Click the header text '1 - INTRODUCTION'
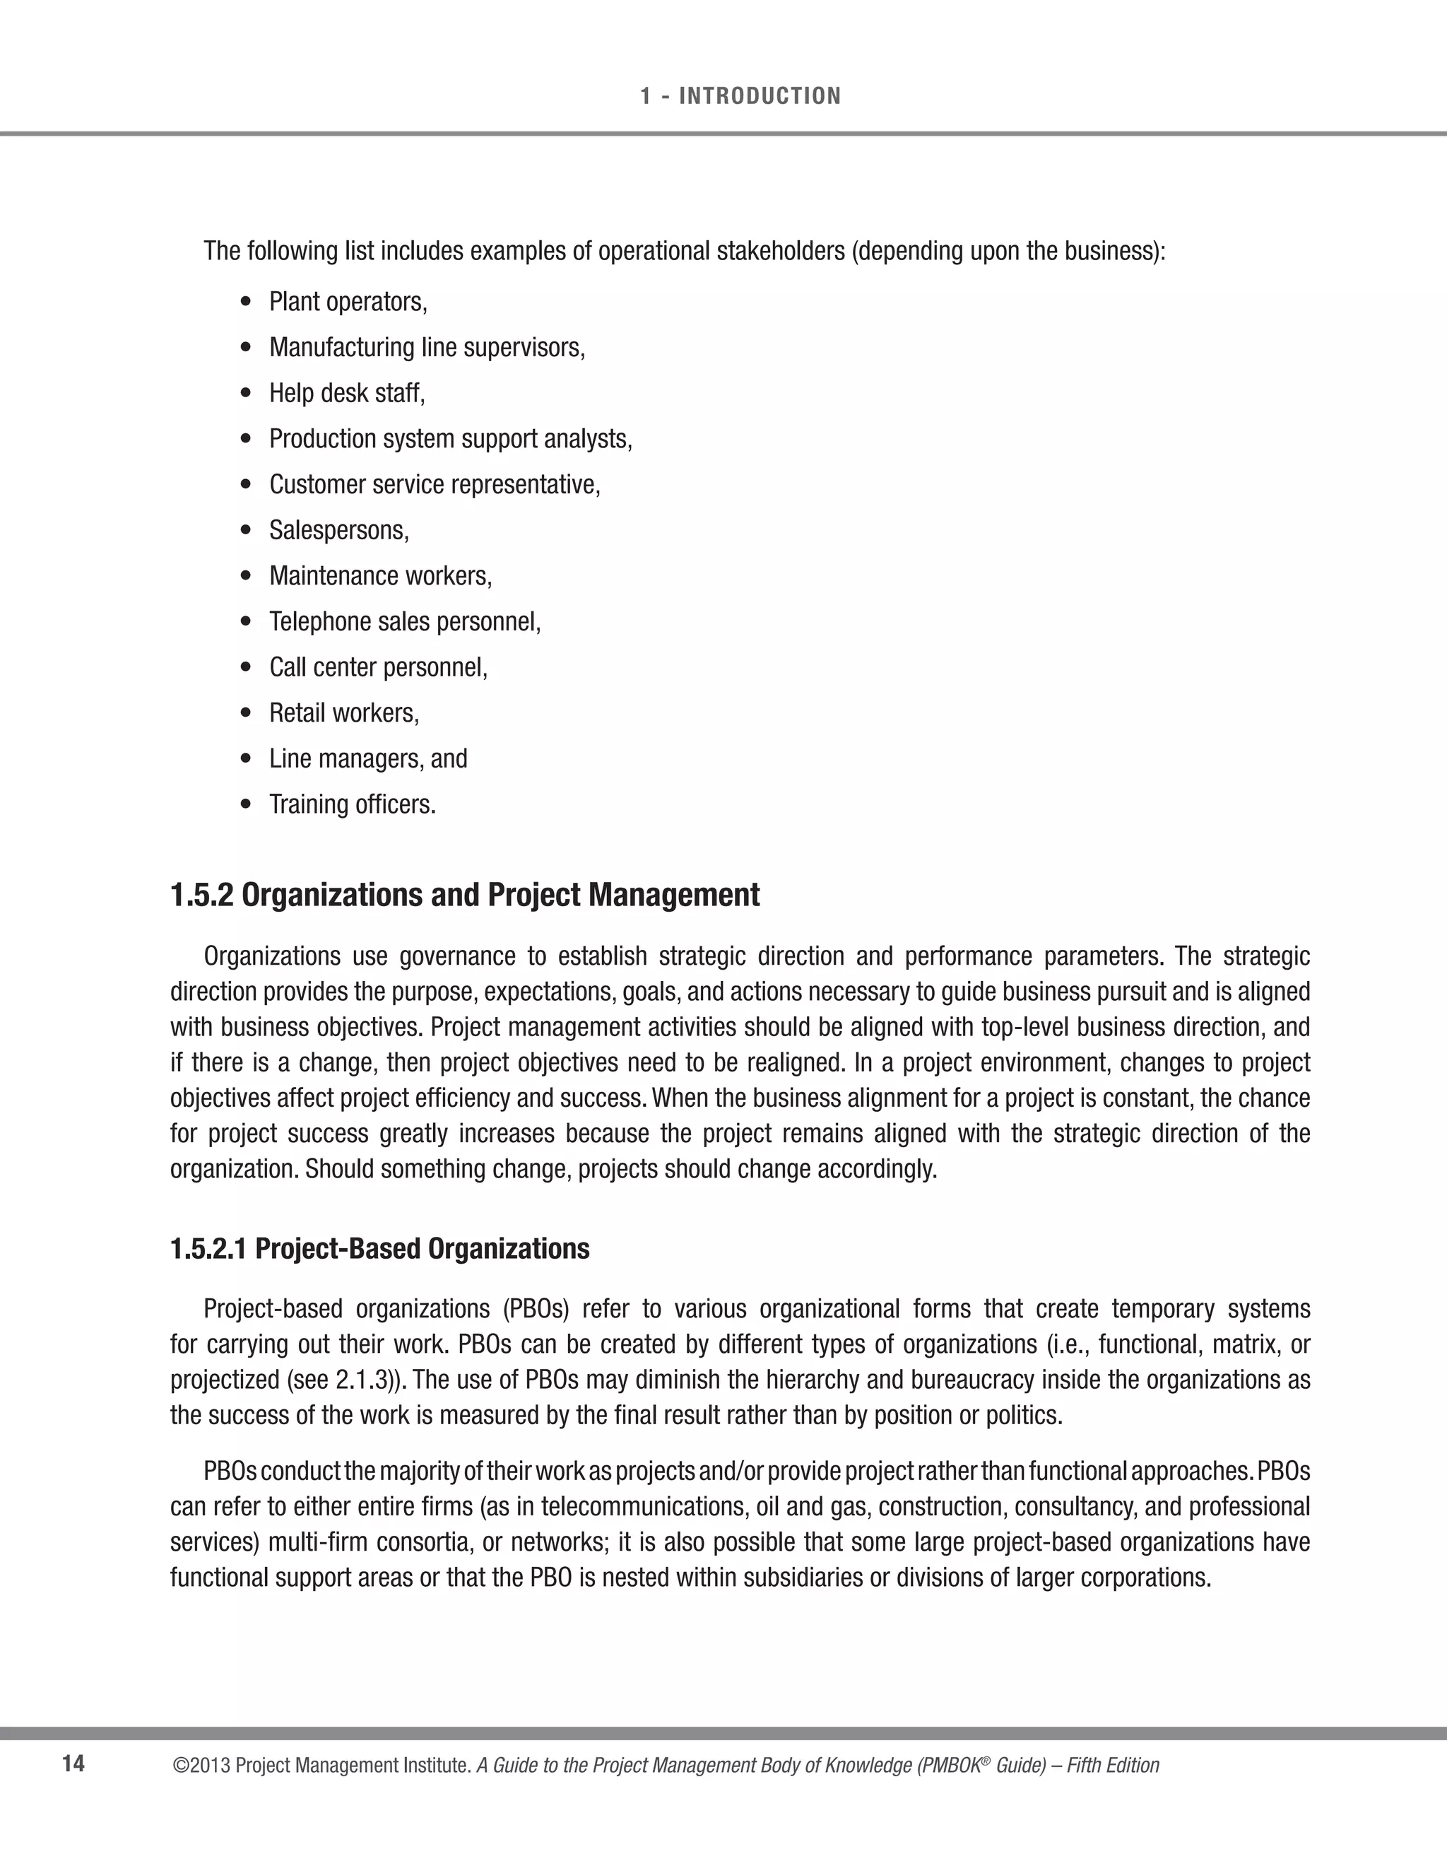pos(740,96)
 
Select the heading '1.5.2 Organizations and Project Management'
pos(465,896)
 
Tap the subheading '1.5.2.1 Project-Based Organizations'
pos(379,1249)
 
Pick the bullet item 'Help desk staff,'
pos(347,393)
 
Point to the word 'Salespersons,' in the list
pos(339,530)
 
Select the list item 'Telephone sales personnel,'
pos(406,621)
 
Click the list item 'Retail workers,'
pos(345,712)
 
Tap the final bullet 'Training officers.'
pos(353,804)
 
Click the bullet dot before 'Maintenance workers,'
pos(247,576)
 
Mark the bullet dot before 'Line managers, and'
pos(247,759)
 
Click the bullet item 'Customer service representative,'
pos(435,485)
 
